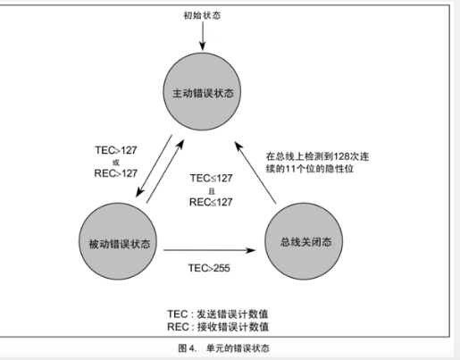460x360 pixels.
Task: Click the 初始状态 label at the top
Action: [202, 15]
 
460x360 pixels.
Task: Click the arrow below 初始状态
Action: [203, 36]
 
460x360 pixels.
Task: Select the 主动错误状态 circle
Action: [202, 91]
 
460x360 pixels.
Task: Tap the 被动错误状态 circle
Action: [118, 241]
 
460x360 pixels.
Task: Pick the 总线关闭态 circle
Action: [304, 241]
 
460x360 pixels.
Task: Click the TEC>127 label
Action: [116, 150]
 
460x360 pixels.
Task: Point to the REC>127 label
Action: [116, 173]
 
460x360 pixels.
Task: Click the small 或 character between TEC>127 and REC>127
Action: [116, 163]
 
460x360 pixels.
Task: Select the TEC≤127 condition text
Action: [211, 178]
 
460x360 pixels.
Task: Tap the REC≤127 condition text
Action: [211, 202]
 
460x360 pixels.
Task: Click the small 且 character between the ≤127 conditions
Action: [212, 190]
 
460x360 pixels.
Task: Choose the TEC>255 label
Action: [209, 268]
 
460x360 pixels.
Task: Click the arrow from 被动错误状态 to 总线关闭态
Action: [210, 250]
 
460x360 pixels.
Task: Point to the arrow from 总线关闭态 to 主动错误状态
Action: [255, 172]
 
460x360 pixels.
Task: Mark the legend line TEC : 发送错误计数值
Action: [218, 314]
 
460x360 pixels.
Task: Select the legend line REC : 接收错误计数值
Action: [218, 327]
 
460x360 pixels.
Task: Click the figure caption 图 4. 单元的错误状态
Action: [223, 348]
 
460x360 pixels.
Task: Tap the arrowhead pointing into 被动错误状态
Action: [139, 193]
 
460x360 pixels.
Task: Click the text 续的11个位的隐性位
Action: [310, 169]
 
